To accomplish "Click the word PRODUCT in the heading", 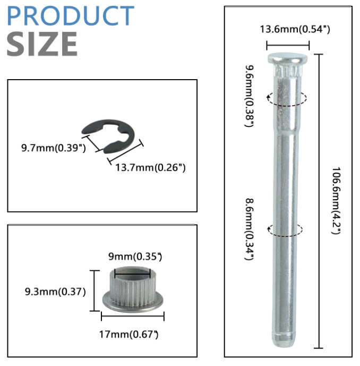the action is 71,15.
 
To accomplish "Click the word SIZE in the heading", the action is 42,44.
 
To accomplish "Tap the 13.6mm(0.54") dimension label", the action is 295,29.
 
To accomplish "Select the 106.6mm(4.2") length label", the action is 337,200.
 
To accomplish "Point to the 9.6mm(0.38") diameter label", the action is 249,96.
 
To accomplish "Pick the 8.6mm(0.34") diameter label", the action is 249,229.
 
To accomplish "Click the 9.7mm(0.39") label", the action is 54,148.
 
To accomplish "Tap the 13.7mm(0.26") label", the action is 150,167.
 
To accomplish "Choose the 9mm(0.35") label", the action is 135,257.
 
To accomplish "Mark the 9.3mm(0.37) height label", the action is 55,292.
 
